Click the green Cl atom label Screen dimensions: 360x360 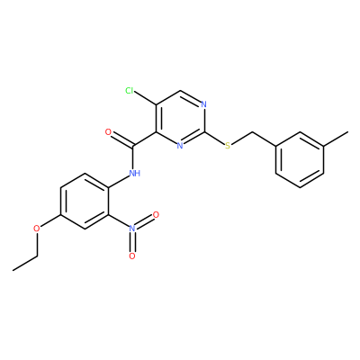click(x=130, y=90)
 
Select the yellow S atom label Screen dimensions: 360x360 click(x=228, y=146)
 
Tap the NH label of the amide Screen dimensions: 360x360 click(x=135, y=173)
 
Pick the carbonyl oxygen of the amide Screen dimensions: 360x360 click(x=109, y=132)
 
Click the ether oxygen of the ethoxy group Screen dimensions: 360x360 click(x=37, y=229)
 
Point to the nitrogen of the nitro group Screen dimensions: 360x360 click(x=132, y=229)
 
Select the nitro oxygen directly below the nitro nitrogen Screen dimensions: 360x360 click(x=132, y=256)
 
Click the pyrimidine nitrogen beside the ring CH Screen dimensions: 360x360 click(x=204, y=104)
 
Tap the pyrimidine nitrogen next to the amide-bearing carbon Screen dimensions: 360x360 click(x=180, y=146)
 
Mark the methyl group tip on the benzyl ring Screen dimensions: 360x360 click(x=348, y=132)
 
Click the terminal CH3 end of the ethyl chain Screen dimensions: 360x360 click(x=13, y=270)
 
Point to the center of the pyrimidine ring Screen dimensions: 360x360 click(x=180, y=118)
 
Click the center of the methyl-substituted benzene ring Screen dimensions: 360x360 click(x=300, y=160)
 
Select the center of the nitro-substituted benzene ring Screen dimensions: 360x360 click(x=85, y=201)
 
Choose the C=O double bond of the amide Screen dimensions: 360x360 click(x=121, y=139)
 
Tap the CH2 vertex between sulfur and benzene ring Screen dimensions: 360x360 click(x=252, y=132)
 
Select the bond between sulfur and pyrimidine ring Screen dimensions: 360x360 click(x=215, y=139)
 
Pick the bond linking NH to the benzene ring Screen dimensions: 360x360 click(x=119, y=181)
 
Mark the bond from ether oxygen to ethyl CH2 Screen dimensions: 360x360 click(x=37, y=245)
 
